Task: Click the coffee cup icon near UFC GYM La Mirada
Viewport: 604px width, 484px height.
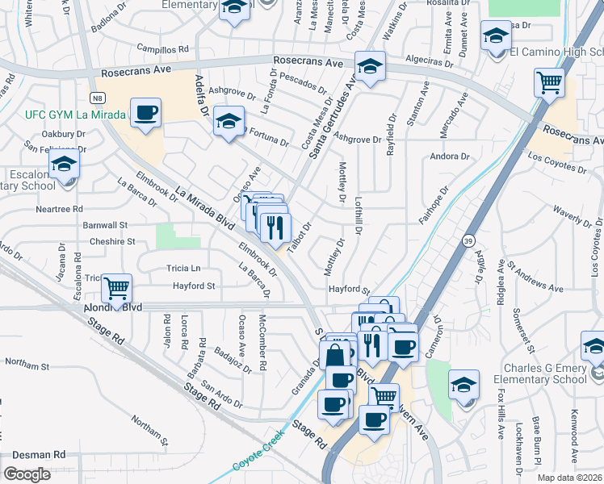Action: point(145,114)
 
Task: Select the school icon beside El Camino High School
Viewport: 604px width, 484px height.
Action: point(496,36)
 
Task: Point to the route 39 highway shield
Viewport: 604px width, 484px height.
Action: point(468,240)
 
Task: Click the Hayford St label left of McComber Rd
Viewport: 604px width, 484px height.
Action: point(194,286)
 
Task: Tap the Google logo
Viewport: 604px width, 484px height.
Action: point(27,474)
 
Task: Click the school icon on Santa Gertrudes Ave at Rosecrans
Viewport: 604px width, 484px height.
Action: point(370,67)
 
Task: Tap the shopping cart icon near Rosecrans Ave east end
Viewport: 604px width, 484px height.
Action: point(549,82)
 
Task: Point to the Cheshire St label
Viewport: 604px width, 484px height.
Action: point(112,241)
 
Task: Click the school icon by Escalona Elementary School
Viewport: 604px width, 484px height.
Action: point(64,165)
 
